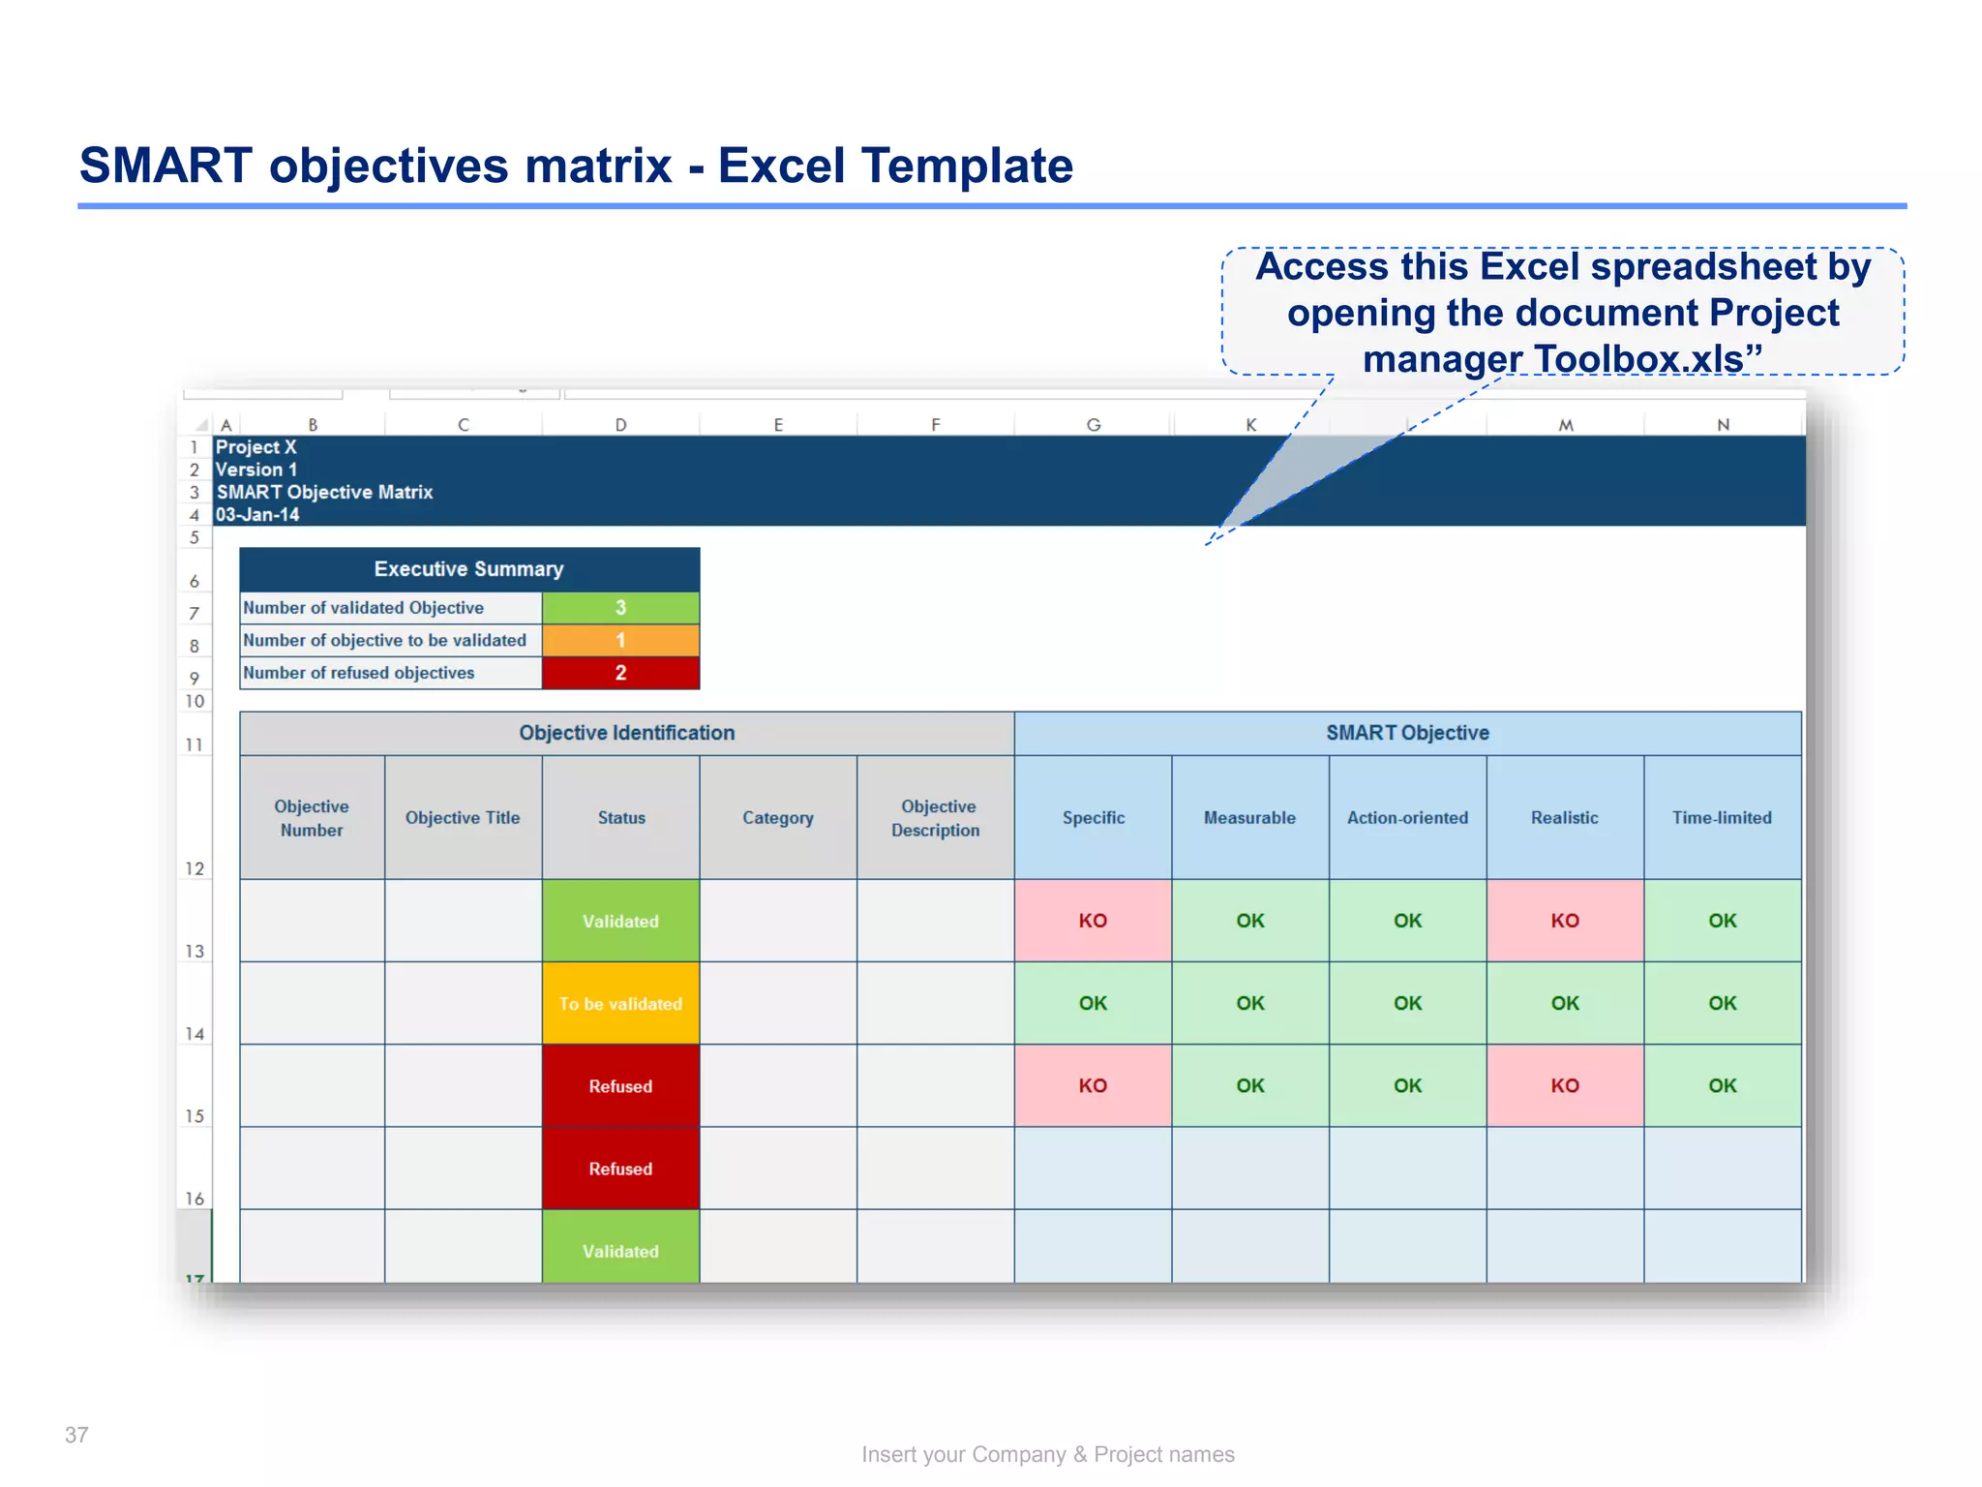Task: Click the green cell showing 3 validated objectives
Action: point(620,608)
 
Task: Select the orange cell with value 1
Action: point(620,640)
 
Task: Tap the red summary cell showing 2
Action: point(620,673)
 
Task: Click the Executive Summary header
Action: point(469,569)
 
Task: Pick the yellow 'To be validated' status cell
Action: point(620,1004)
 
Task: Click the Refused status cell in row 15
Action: point(620,1086)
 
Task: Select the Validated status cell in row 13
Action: point(620,921)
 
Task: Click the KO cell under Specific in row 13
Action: point(1093,921)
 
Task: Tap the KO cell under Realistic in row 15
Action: point(1565,1086)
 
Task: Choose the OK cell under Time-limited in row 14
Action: point(1723,1004)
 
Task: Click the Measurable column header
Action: point(1249,818)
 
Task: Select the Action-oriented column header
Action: point(1407,818)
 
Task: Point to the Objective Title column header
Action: point(463,818)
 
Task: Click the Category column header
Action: point(778,818)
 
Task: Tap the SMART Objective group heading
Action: point(1407,733)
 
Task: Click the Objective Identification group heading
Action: point(627,733)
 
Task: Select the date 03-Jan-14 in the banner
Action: point(257,515)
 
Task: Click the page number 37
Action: point(76,1435)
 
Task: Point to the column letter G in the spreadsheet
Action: point(1094,425)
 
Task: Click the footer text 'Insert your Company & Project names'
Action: point(1048,1454)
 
